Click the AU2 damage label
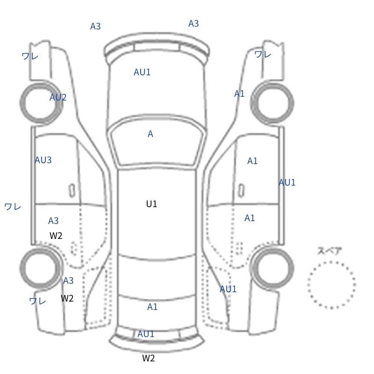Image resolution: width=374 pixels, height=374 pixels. (x=58, y=97)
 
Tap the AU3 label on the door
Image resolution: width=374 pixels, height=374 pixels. (x=43, y=160)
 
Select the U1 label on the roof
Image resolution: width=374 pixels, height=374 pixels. (x=151, y=204)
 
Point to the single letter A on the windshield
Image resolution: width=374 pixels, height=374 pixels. (x=150, y=134)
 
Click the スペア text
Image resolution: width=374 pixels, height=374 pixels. (x=326, y=251)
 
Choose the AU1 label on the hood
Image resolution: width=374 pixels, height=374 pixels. (x=142, y=72)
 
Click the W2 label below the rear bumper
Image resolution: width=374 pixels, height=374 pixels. (x=148, y=358)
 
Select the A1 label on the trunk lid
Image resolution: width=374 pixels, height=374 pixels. (x=152, y=307)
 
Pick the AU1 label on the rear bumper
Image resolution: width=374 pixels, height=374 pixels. (x=146, y=334)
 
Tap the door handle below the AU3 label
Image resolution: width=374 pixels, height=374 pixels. (x=72, y=191)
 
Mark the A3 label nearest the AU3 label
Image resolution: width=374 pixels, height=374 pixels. (x=53, y=221)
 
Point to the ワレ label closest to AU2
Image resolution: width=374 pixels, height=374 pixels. (x=30, y=56)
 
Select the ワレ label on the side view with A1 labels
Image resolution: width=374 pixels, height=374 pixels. (x=263, y=54)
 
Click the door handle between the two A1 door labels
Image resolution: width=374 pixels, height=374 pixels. (x=241, y=191)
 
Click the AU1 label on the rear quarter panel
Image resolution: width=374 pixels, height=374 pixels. (x=228, y=289)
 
